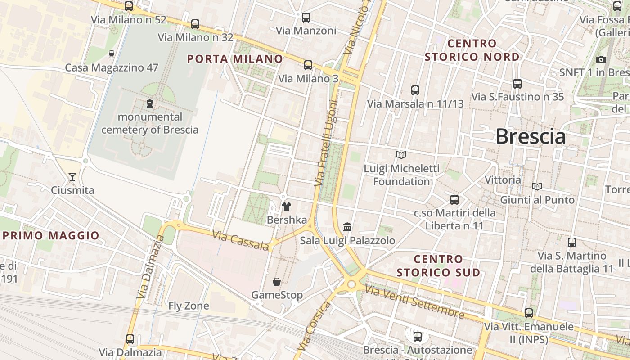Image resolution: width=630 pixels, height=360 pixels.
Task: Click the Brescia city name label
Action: tap(531, 136)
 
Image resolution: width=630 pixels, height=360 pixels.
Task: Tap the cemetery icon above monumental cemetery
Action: tap(150, 104)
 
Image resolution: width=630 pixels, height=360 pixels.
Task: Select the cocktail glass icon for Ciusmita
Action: tap(72, 176)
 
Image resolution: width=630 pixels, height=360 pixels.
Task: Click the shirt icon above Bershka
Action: tap(286, 207)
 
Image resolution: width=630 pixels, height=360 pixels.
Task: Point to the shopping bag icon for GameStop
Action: tap(277, 282)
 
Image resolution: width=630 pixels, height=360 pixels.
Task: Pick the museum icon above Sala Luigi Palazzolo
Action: tap(347, 227)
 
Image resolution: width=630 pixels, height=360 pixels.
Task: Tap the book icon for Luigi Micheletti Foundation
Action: tap(401, 155)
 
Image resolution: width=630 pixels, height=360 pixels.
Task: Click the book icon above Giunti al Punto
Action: tap(537, 186)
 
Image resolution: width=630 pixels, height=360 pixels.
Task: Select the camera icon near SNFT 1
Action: tap(601, 59)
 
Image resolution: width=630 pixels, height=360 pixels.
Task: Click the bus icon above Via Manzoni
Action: tap(306, 18)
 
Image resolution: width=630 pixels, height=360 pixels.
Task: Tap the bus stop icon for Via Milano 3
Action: tap(308, 65)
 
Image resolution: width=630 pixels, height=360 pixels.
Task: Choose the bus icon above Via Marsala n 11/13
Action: tap(415, 90)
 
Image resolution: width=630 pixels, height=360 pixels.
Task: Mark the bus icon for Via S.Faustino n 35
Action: tap(517, 83)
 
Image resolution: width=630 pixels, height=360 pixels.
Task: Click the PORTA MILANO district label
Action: tap(235, 59)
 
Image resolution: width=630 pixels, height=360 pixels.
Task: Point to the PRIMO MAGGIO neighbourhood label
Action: tap(51, 235)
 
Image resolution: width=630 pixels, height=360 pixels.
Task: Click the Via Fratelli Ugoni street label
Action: tap(326, 143)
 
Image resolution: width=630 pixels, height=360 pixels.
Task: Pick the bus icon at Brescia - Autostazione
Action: tap(418, 336)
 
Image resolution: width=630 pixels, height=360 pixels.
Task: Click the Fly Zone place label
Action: tap(189, 306)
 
